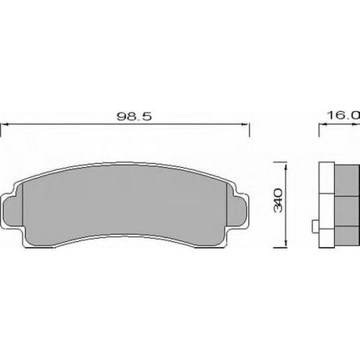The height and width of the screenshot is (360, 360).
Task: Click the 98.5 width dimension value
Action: pos(134,117)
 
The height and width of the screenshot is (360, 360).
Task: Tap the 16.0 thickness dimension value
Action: pos(343,115)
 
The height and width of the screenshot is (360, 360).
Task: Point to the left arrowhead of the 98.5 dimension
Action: pos(5,125)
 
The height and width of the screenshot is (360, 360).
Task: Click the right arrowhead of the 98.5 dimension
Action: pos(246,125)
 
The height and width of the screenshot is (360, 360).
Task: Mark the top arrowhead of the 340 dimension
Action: pos(286,168)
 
